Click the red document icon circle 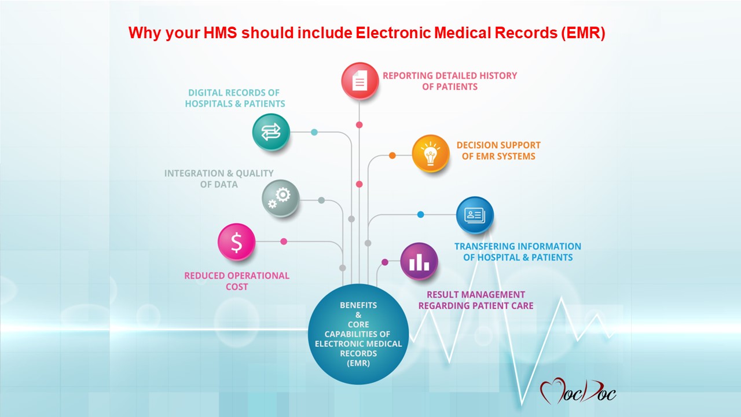(360, 81)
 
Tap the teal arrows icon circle (271, 133)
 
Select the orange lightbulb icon (431, 153)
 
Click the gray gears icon (281, 199)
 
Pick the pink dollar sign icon (236, 242)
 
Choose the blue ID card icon (475, 215)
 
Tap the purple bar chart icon (419, 261)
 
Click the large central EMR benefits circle (358, 334)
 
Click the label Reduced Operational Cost (237, 281)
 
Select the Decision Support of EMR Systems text (498, 151)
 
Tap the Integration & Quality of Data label (219, 179)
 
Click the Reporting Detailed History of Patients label (449, 81)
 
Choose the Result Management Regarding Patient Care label (476, 300)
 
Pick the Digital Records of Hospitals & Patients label (235, 98)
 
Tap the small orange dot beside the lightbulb (392, 155)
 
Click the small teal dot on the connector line (314, 133)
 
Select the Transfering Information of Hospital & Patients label (518, 252)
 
